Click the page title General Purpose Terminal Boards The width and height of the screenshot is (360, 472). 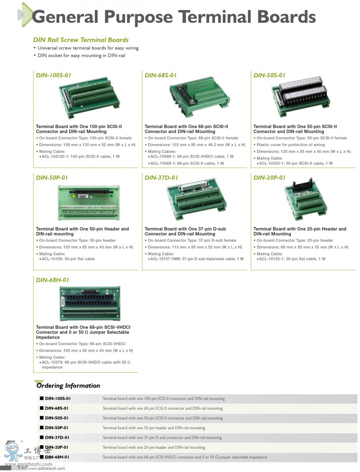(x=174, y=17)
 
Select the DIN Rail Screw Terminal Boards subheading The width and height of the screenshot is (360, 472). (x=81, y=40)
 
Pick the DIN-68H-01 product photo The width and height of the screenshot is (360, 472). (x=90, y=303)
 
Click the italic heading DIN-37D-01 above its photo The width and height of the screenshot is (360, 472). (x=161, y=177)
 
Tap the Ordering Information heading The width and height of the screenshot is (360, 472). (x=68, y=386)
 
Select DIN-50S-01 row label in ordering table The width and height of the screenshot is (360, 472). (x=56, y=418)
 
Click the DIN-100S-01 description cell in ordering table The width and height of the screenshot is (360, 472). (x=164, y=398)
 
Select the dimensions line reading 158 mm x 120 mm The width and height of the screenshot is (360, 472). (x=87, y=145)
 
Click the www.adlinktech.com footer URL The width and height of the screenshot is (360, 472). (x=46, y=468)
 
